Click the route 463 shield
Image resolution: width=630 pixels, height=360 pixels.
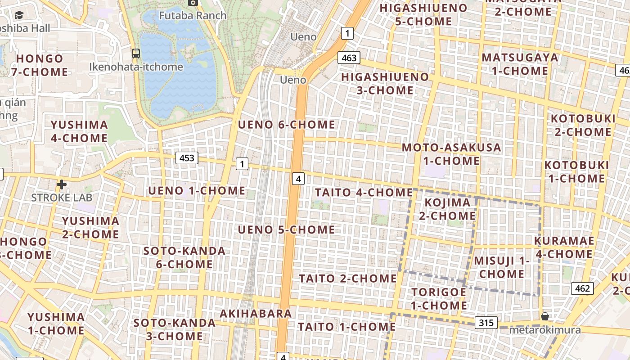[x=349, y=58]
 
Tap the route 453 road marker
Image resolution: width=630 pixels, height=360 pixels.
[x=187, y=158]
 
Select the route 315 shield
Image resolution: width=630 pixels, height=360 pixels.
[x=486, y=323]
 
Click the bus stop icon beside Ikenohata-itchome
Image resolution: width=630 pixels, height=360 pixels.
[x=135, y=54]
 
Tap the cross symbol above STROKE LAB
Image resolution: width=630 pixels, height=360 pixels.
[x=62, y=184]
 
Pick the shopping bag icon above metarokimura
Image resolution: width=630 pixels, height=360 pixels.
[x=545, y=316]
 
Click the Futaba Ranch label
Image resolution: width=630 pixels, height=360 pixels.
[x=193, y=15]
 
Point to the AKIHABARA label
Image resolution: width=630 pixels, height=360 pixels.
[x=256, y=313]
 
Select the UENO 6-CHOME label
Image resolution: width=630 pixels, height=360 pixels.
[x=287, y=125]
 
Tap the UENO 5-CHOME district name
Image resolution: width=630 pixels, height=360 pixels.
[x=286, y=230]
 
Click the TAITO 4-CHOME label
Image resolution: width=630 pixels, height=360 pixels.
[x=364, y=193]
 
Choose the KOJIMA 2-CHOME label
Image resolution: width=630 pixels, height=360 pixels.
[x=447, y=209]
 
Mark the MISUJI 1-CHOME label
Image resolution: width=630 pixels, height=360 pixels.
[x=502, y=267]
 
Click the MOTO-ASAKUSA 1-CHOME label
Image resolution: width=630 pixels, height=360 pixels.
[x=451, y=154]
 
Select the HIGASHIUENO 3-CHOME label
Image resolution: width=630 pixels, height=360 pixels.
[x=385, y=83]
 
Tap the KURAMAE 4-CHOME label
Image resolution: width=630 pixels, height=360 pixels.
[x=564, y=247]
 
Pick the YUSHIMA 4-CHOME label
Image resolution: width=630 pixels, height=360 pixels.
[x=79, y=131]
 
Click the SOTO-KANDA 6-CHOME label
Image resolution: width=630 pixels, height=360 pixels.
[x=184, y=257]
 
